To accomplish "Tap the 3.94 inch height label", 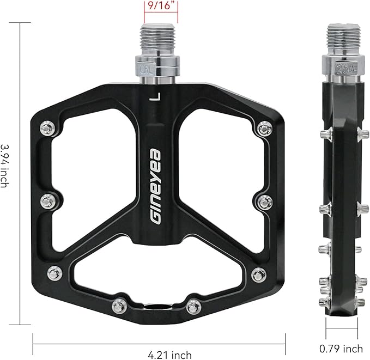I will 5,166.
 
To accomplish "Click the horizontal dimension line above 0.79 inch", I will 342,330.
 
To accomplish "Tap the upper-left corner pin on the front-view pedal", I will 47,129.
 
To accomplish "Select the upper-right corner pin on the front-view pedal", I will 265,129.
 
